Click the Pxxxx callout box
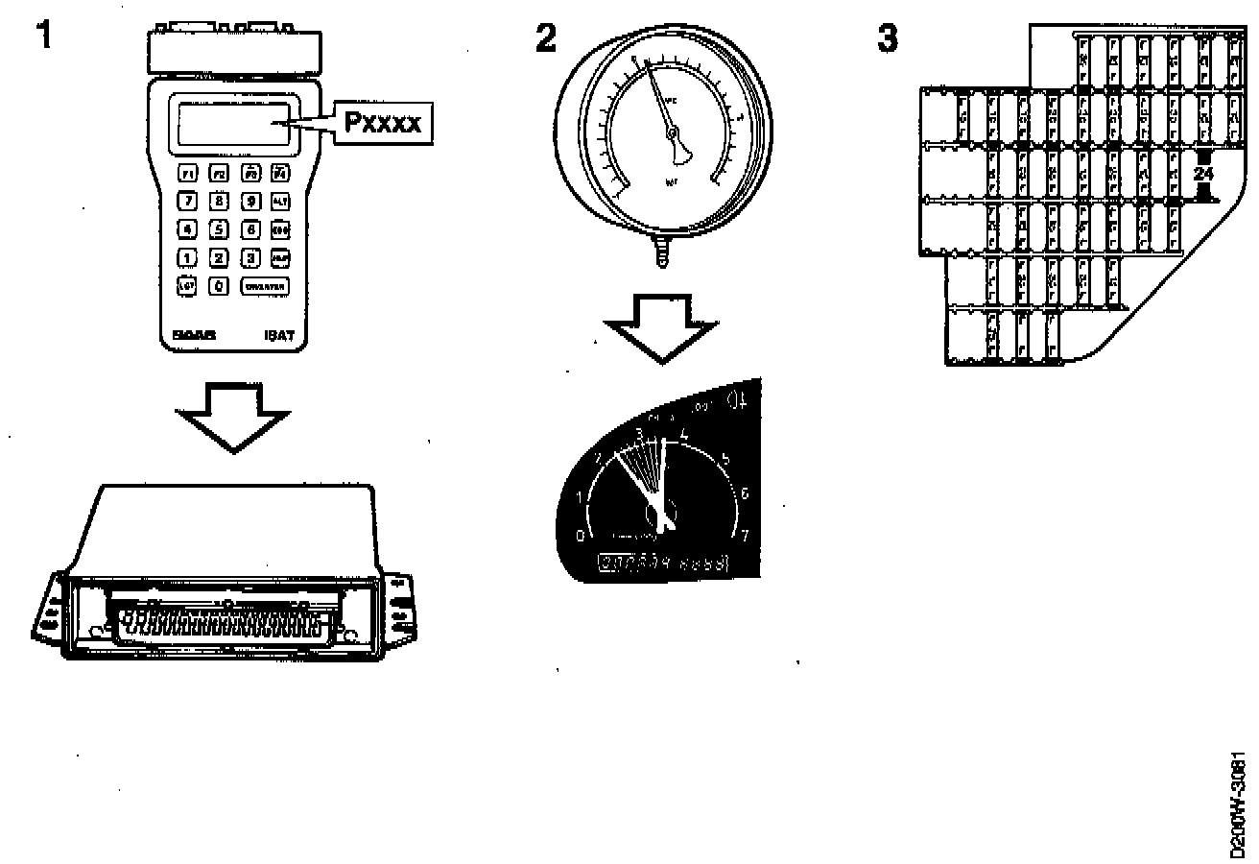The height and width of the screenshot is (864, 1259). click(x=382, y=123)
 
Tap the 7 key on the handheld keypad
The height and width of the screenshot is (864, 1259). click(x=188, y=202)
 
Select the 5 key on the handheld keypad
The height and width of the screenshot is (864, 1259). click(x=219, y=229)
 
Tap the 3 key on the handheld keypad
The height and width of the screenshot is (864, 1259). click(x=249, y=257)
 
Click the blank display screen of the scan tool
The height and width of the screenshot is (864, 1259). click(x=233, y=124)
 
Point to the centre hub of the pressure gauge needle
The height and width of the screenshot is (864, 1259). click(x=673, y=132)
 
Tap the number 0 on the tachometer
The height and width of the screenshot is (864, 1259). click(x=579, y=535)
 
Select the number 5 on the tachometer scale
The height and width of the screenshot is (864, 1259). click(x=725, y=458)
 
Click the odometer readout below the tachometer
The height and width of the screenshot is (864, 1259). click(x=664, y=564)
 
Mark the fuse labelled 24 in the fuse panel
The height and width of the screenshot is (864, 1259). click(x=1203, y=175)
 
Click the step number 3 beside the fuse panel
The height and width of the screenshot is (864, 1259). click(x=888, y=38)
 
